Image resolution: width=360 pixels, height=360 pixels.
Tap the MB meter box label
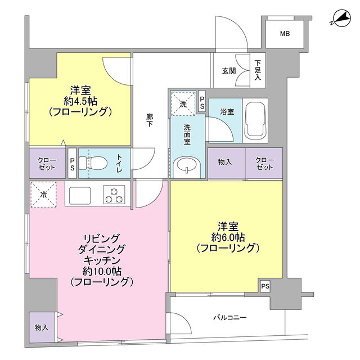point(285,34)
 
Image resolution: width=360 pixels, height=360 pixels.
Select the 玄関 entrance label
point(229,71)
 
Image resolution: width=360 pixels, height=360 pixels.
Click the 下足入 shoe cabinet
point(258,70)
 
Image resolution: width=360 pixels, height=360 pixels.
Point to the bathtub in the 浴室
point(255,120)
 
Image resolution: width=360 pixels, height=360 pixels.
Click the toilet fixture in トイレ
point(93,163)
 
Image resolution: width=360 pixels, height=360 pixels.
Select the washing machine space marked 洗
point(183,103)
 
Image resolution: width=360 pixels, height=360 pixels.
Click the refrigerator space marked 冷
point(43,195)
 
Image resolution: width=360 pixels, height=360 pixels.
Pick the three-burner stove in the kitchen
point(114,195)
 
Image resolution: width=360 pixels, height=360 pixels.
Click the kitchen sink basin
point(80,195)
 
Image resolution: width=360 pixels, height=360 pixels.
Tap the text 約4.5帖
point(80,101)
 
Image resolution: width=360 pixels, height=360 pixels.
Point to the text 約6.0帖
point(228,237)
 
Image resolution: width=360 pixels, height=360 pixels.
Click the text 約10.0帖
point(102,271)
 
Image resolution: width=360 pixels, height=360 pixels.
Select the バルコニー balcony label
point(230,317)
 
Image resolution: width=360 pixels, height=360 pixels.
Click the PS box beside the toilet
point(72,163)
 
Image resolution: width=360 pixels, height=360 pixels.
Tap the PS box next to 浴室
point(202,101)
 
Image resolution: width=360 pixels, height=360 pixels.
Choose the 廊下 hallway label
point(150,120)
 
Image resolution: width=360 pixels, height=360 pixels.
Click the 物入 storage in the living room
point(42,327)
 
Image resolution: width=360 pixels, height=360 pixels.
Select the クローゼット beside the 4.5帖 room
point(47,163)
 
